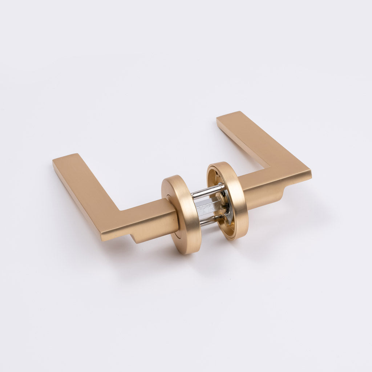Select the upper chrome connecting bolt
[x=208, y=191]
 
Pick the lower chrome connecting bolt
[x=211, y=220]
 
